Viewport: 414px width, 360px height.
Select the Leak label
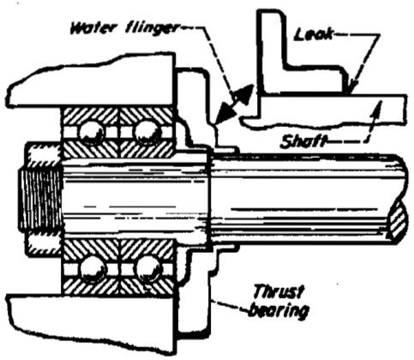314,34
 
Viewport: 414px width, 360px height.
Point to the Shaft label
303,141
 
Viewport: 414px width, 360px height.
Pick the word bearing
279,310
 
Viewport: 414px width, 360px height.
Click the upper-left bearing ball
92,132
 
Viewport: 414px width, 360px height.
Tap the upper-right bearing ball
147,132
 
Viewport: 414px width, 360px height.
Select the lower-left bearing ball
93,269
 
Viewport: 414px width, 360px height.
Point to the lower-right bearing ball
148,268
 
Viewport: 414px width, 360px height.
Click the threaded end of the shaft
40,199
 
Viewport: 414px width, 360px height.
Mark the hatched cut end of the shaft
397,221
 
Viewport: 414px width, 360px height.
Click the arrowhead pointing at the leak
353,87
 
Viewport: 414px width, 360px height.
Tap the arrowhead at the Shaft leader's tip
377,108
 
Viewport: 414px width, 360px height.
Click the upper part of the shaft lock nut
44,154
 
